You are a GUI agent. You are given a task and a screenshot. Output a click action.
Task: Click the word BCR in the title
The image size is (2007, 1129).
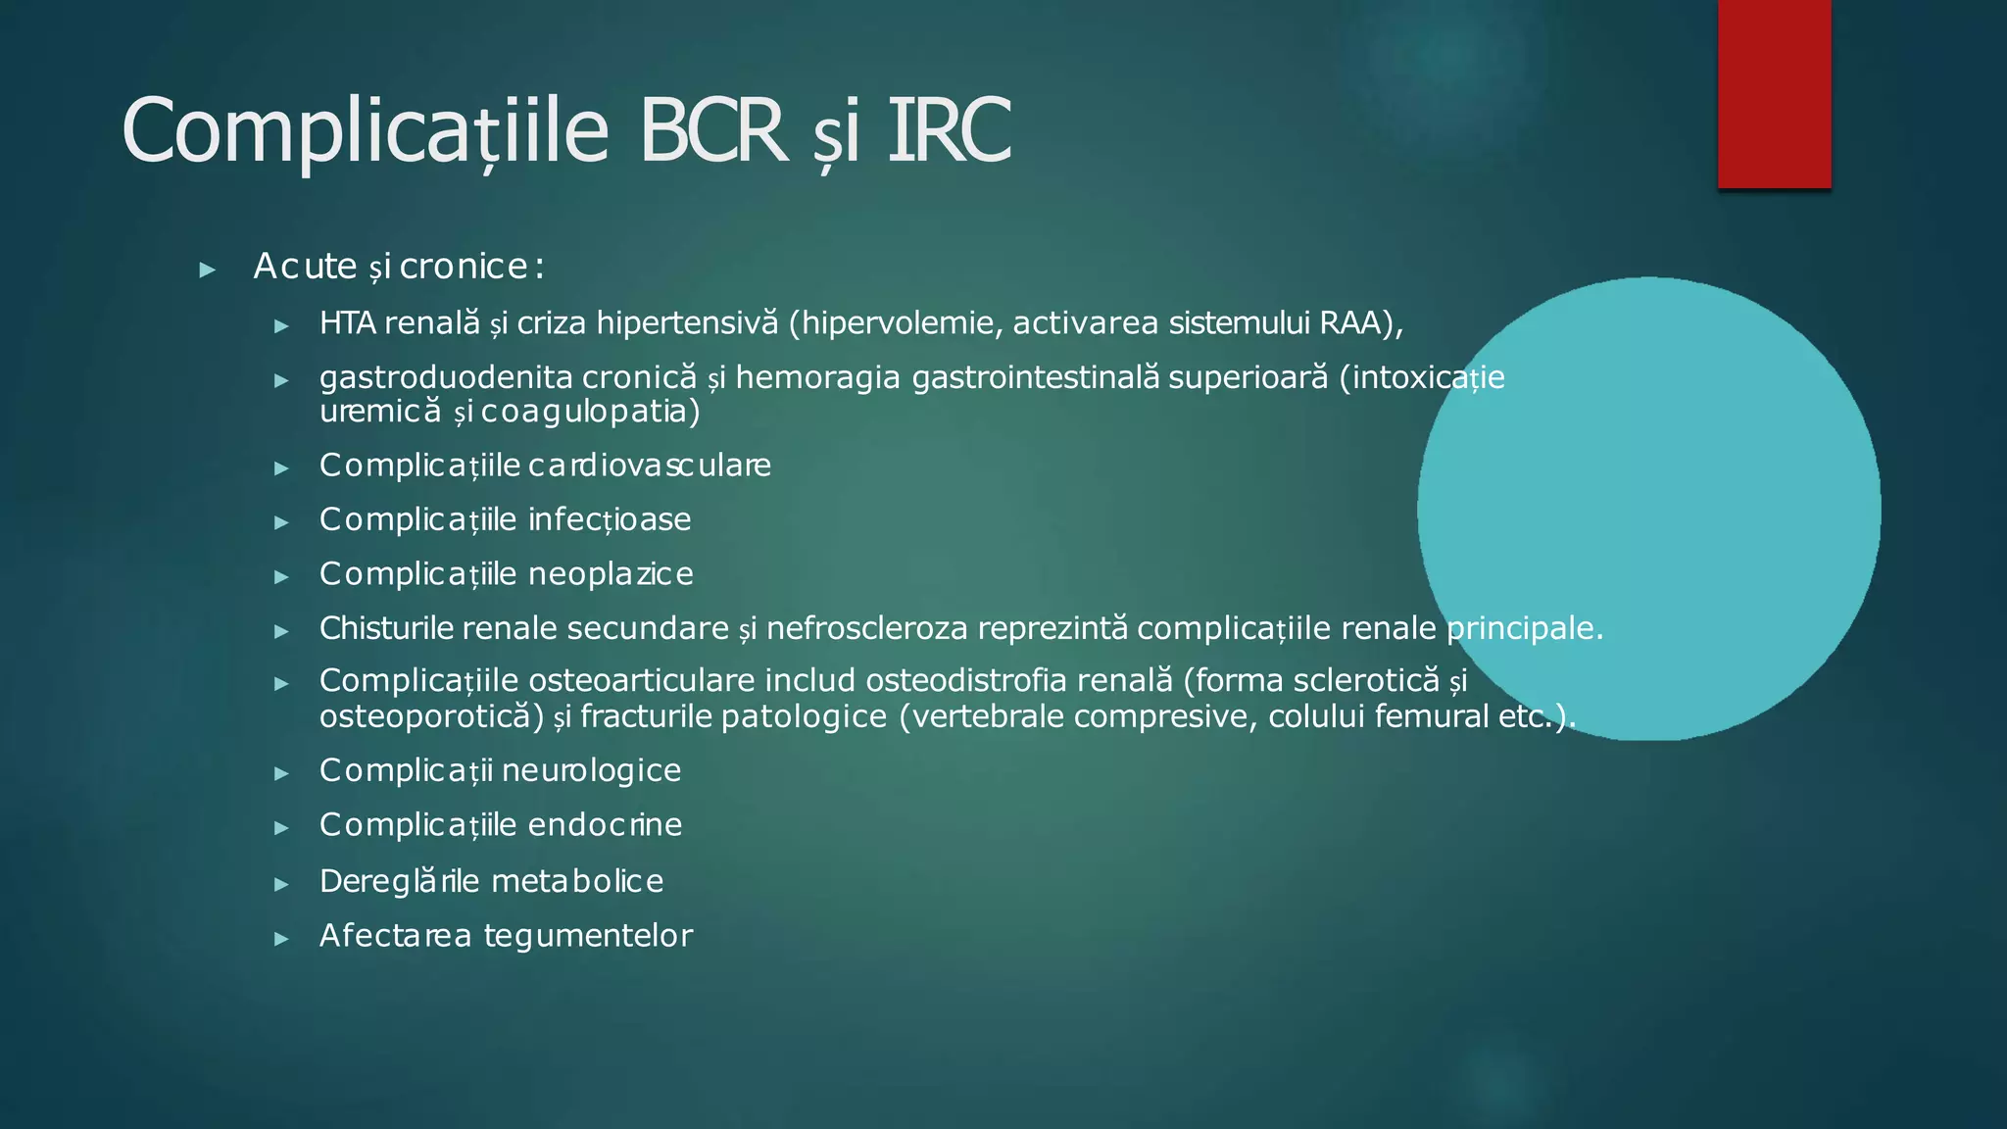pyautogui.click(x=713, y=130)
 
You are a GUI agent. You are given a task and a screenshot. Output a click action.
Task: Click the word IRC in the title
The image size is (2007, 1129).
pyautogui.click(x=949, y=130)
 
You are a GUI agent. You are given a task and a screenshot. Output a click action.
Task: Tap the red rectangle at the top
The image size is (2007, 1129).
pyautogui.click(x=1774, y=93)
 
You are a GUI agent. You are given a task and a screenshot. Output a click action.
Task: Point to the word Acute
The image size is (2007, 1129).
pyautogui.click(x=305, y=266)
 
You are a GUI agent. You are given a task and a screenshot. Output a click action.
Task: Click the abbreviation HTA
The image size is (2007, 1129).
pyautogui.click(x=348, y=322)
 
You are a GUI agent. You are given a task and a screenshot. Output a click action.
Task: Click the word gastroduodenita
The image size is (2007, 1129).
pyautogui.click(x=446, y=377)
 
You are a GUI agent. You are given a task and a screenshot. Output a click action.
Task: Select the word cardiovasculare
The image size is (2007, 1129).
pyautogui.click(x=650, y=465)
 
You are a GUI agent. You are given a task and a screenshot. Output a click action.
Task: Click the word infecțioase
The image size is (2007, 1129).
pyautogui.click(x=610, y=519)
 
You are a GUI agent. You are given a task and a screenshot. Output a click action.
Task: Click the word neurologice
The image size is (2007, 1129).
pyautogui.click(x=605, y=770)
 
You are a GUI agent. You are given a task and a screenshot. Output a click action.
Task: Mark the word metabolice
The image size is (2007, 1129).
pyautogui.click(x=578, y=881)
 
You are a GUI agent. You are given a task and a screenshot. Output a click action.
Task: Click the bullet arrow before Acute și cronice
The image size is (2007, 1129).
pyautogui.click(x=207, y=270)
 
